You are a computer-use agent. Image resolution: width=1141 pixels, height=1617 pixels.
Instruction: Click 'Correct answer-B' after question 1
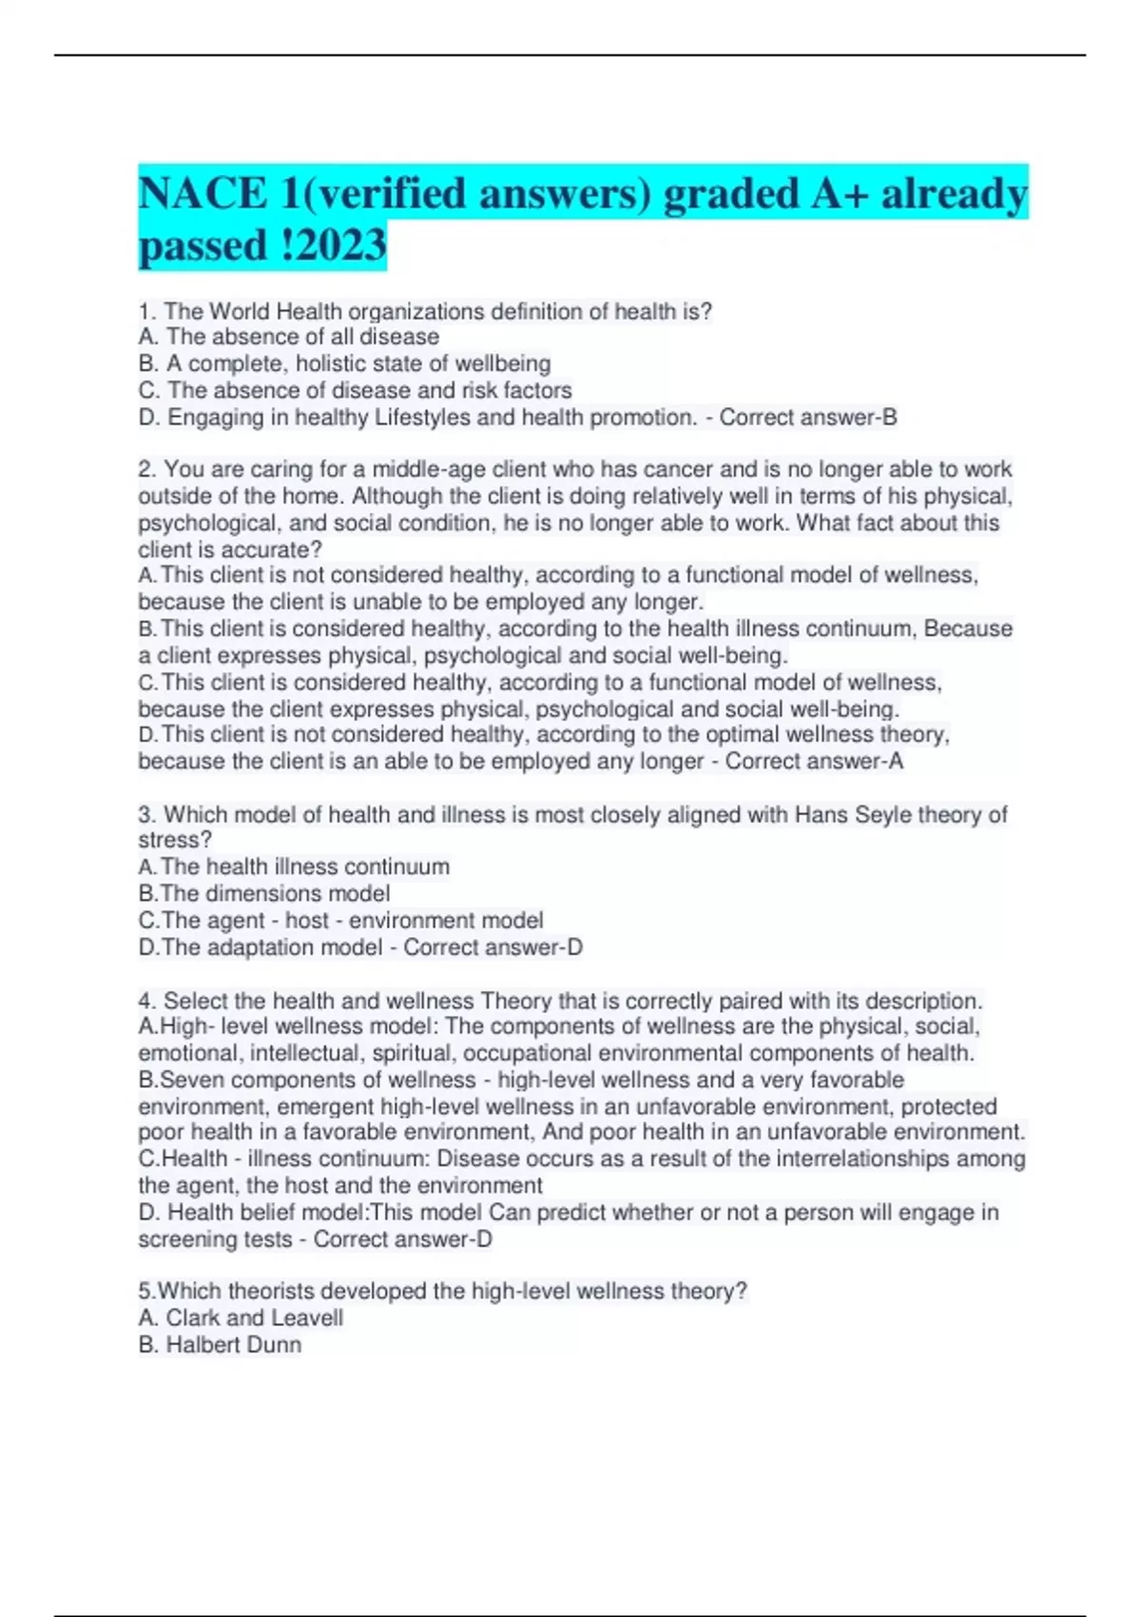pyautogui.click(x=807, y=418)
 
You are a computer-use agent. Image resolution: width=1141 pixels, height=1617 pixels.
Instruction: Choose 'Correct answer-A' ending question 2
pyautogui.click(x=814, y=761)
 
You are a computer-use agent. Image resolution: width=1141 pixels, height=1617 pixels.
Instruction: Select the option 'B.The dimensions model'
pyautogui.click(x=264, y=893)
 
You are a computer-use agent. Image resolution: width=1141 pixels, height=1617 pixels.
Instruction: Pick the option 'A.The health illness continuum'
pyautogui.click(x=294, y=867)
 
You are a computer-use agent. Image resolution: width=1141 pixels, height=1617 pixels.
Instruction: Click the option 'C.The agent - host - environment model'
pyautogui.click(x=340, y=920)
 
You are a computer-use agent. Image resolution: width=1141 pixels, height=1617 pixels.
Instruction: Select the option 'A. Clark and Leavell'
pyautogui.click(x=241, y=1317)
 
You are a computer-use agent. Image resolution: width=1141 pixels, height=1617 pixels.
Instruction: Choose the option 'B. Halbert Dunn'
pyautogui.click(x=220, y=1344)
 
